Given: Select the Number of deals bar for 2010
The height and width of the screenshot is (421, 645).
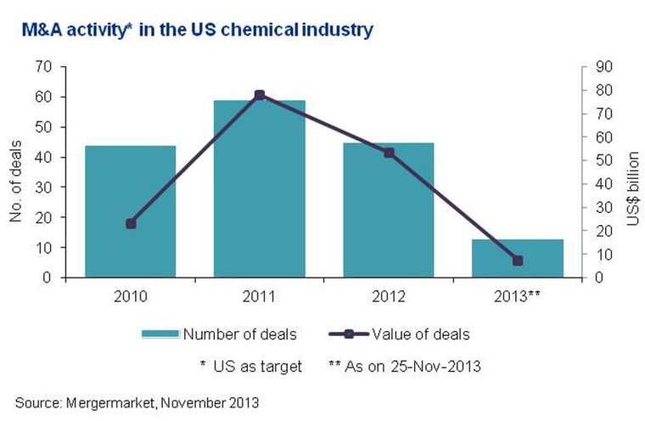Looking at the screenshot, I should (130, 212).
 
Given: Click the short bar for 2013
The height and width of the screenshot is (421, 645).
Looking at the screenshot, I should (518, 258).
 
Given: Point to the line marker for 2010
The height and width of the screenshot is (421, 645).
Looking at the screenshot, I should (130, 224).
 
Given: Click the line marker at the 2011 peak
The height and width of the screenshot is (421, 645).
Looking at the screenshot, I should (260, 95).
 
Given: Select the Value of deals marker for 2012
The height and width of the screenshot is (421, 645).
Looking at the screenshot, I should (389, 153).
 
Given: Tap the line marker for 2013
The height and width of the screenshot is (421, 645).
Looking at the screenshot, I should (518, 261).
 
